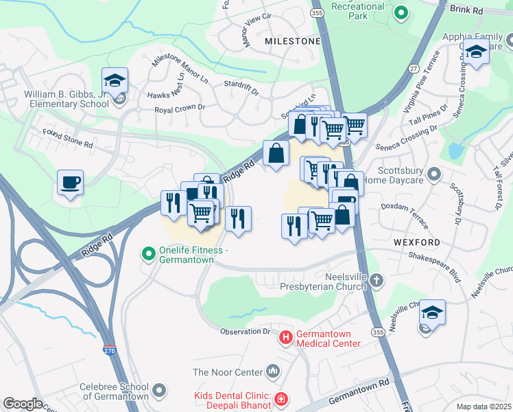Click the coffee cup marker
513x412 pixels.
click(x=70, y=183)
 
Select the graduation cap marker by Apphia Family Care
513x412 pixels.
click(x=475, y=51)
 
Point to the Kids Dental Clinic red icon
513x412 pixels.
click(x=280, y=399)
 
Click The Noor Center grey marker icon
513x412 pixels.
click(x=274, y=372)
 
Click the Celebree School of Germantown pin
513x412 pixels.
click(x=160, y=391)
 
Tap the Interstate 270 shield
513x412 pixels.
click(x=110, y=350)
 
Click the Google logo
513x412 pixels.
click(x=23, y=404)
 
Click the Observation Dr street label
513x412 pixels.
click(x=245, y=332)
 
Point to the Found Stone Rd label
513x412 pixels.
click(x=67, y=139)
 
